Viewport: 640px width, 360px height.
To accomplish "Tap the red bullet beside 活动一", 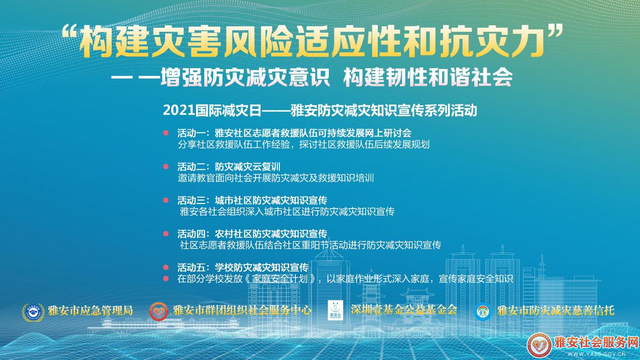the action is click(166, 133).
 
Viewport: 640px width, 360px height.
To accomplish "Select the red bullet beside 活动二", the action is click(166, 167).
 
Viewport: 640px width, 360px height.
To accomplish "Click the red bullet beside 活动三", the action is click(166, 200).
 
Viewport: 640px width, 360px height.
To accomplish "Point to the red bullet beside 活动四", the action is click(166, 234).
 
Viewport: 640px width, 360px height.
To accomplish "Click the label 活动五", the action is click(191, 268).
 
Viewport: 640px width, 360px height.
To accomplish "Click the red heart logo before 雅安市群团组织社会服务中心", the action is click(159, 312).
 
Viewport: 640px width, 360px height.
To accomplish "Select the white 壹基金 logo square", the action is click(335, 310).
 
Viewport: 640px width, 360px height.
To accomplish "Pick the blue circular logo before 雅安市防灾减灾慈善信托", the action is click(482, 312).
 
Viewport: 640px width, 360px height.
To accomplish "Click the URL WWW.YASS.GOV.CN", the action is click(596, 354).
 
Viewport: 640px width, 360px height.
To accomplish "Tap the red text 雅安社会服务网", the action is click(596, 343).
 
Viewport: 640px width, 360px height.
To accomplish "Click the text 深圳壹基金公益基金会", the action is click(404, 310).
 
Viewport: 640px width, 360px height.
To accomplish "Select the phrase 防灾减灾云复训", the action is click(248, 167).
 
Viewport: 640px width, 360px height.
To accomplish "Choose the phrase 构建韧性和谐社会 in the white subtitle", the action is click(428, 77).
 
